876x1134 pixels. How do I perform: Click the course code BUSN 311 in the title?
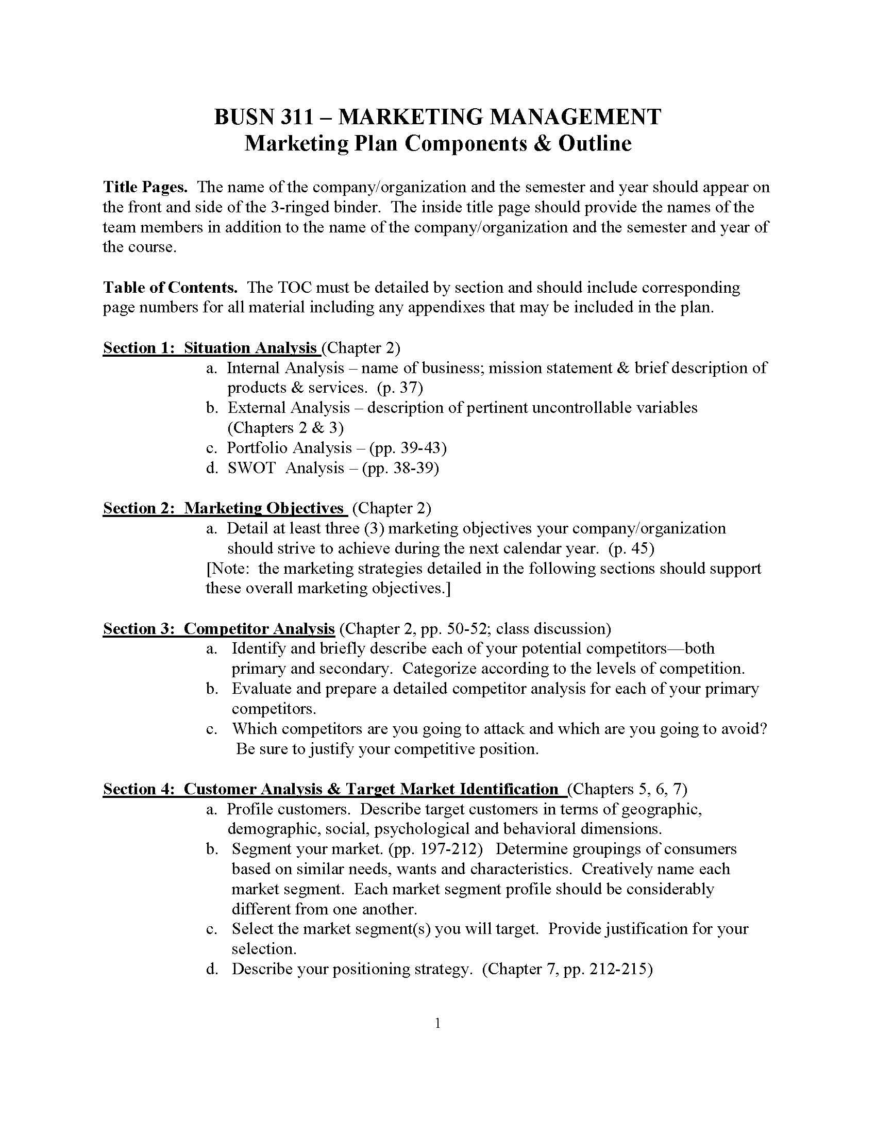point(264,117)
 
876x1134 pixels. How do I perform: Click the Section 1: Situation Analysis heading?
point(210,347)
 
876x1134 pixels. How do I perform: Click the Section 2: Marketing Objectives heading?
point(224,508)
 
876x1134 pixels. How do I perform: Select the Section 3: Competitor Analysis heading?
point(218,628)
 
